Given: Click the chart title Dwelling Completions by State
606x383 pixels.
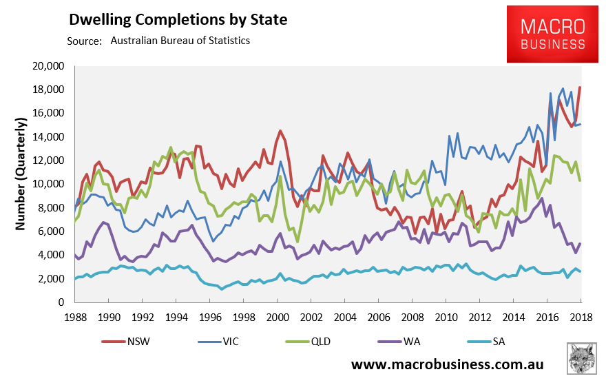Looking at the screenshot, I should pos(178,19).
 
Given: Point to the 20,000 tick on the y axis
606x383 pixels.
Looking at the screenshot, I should pos(48,66).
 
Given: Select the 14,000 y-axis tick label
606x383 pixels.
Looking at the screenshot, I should pos(48,137).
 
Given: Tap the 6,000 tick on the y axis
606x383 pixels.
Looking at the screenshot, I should pos(51,231).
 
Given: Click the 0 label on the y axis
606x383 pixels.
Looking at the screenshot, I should pos(61,302).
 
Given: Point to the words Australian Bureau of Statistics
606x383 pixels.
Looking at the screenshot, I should pos(180,41).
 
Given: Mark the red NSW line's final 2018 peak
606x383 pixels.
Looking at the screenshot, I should pos(580,87).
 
